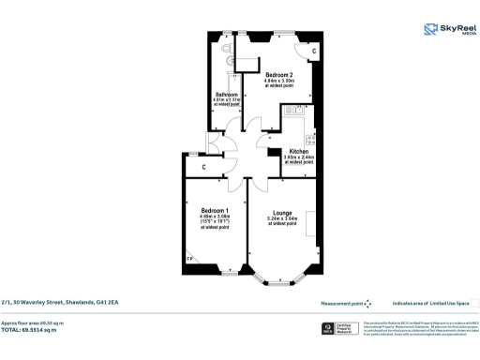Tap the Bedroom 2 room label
pyautogui.click(x=279, y=74)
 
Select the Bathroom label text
pyautogui.click(x=227, y=95)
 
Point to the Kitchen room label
pyautogui.click(x=298, y=150)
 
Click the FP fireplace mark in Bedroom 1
pyautogui.click(x=189, y=259)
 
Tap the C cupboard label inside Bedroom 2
pyautogui.click(x=313, y=50)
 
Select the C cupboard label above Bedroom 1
pyautogui.click(x=203, y=168)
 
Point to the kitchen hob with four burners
pyautogui.click(x=298, y=130)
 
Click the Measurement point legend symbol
pyautogui.click(x=367, y=304)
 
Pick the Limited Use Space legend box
pyautogui.click(x=474, y=303)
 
